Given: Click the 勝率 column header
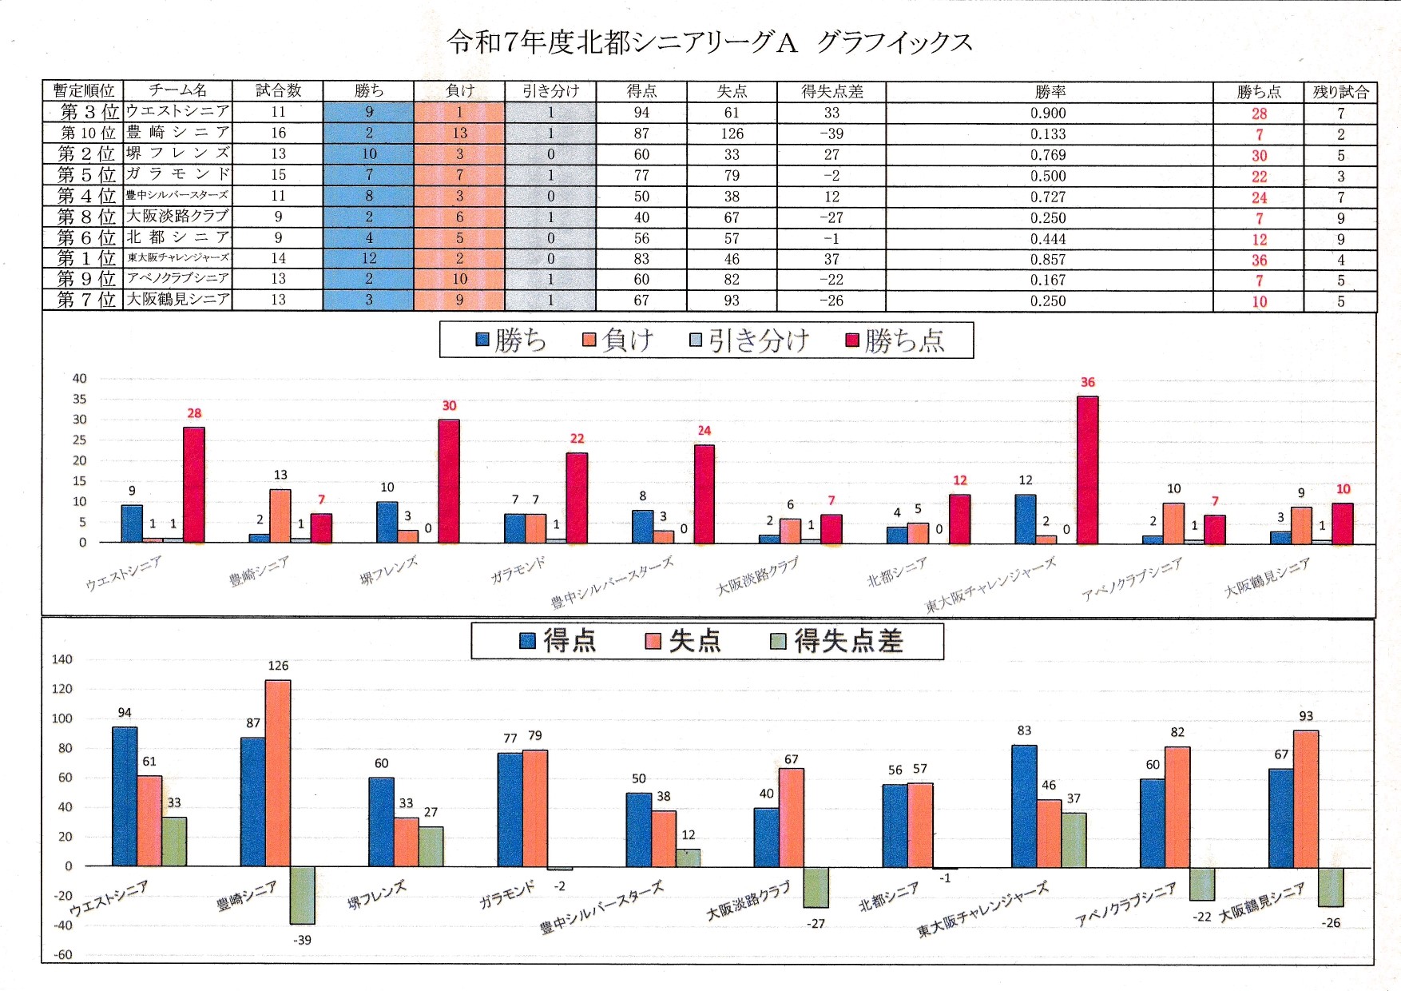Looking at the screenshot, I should tap(1050, 91).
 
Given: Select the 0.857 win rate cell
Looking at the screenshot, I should tap(1048, 259).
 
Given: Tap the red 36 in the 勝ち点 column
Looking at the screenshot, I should tap(1259, 260).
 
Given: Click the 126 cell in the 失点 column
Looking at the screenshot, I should tap(732, 133).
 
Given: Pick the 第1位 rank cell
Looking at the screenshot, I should tap(82, 258).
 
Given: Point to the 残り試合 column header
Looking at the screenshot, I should tap(1340, 91).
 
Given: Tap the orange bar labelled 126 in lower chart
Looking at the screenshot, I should tap(278, 773).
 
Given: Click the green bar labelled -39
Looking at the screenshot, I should tap(302, 895).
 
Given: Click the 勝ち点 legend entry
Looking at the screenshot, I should tap(895, 341).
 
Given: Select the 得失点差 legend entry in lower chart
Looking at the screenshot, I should tap(836, 641).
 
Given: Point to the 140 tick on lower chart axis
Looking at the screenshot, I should tap(62, 659).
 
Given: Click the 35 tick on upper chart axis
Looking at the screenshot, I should tap(80, 399).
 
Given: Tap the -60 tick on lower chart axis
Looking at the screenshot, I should tap(62, 954).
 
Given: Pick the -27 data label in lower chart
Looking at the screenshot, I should tap(816, 923).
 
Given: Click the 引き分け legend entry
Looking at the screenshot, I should tap(749, 341).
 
